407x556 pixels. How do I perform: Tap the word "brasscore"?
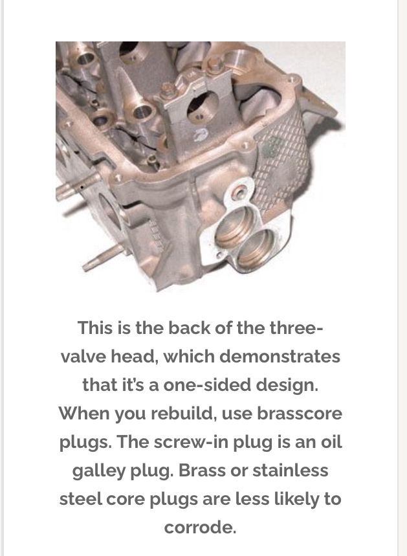(x=299, y=413)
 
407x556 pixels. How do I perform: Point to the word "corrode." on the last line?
(x=200, y=528)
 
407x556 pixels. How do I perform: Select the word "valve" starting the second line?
(x=83, y=357)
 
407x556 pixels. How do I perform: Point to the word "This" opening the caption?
(x=95, y=328)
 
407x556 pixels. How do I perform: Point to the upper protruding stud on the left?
(x=69, y=188)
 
